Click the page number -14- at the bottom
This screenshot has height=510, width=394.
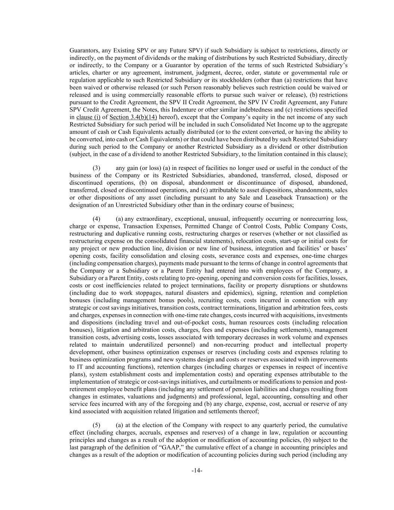click(x=197, y=471)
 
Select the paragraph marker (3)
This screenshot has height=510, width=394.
click(x=96, y=168)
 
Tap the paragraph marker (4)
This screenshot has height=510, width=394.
click(x=96, y=219)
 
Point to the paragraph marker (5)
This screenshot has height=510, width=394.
click(x=96, y=425)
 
